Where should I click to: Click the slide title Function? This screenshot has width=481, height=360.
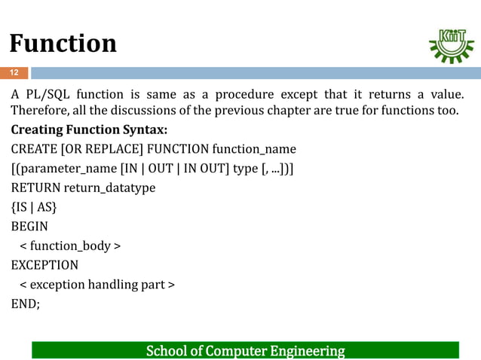[x=63, y=43]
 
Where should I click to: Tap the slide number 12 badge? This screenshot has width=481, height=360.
[x=14, y=73]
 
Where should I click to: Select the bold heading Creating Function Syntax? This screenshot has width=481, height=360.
[x=89, y=129]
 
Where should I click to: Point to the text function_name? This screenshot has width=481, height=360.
[x=254, y=148]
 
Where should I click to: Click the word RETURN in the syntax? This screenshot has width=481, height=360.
[x=35, y=188]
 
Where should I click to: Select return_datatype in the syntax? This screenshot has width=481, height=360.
[x=109, y=188]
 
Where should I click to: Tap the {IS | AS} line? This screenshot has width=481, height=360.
[x=33, y=207]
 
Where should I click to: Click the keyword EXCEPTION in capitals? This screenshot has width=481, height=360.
[x=44, y=265]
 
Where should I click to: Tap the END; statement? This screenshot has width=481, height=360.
[x=25, y=304]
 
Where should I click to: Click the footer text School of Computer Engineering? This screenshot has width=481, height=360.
[x=245, y=351]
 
